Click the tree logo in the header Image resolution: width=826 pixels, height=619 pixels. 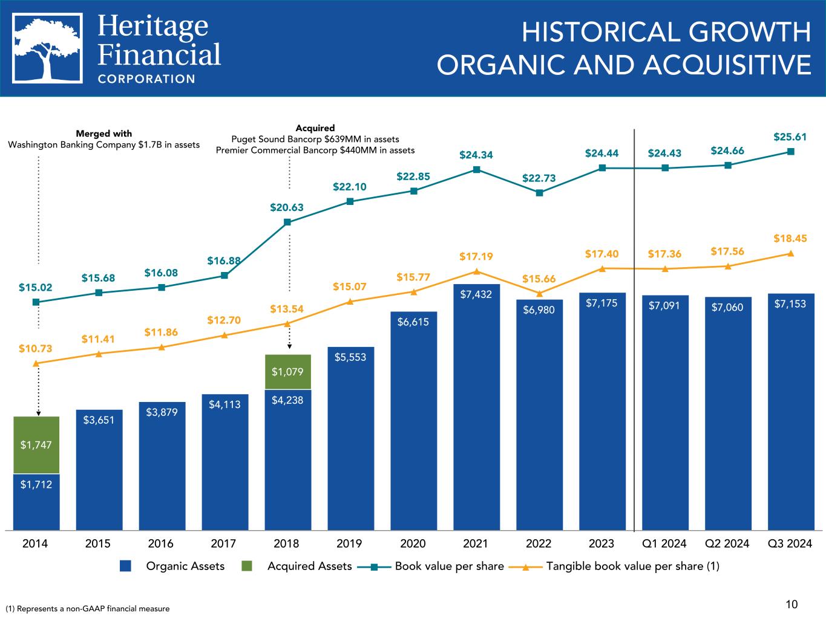tap(48, 48)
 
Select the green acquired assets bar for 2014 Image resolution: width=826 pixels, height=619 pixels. tap(36, 444)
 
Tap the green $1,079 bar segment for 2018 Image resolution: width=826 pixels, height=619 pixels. tap(287, 371)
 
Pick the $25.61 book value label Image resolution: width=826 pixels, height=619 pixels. tap(790, 137)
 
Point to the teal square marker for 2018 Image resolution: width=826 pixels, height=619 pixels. tap(287, 222)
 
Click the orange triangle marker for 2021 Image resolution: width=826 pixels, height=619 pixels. tap(476, 271)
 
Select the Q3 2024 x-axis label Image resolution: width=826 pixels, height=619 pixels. tap(790, 543)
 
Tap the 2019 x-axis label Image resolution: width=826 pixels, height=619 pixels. tap(349, 543)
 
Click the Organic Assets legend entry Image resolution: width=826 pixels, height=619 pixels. tap(172, 566)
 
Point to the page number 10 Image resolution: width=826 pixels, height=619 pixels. tap(792, 604)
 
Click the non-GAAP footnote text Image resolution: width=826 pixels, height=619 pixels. tap(88, 609)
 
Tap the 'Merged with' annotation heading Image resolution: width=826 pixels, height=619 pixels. tap(103, 134)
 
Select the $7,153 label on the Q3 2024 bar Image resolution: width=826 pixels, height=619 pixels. tap(790, 304)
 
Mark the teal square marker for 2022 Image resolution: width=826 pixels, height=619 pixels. tap(539, 193)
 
